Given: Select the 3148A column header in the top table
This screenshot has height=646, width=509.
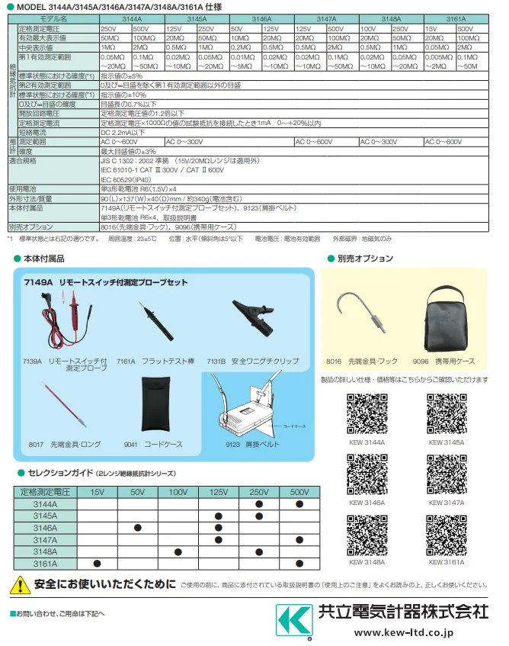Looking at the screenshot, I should coord(391,17).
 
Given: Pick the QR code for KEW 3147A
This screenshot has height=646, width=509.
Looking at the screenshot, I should coord(447,475).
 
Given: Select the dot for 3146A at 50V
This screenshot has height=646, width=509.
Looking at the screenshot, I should coord(138,527).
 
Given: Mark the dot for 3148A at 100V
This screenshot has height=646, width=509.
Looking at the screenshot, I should coord(178,551).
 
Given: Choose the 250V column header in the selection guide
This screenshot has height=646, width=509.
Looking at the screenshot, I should coord(260,492).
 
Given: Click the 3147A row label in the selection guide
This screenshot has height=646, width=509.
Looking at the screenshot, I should coord(44,539).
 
